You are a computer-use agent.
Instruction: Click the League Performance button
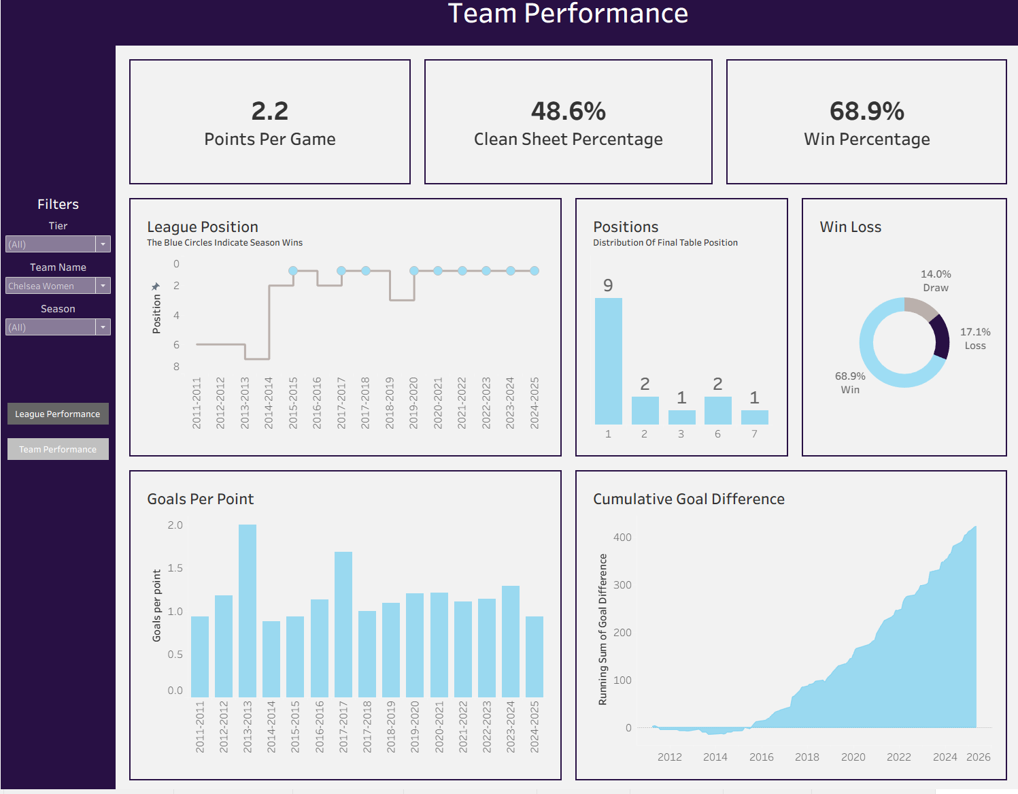point(58,414)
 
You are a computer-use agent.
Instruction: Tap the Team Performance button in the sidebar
point(58,449)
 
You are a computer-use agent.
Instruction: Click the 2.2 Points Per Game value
point(270,111)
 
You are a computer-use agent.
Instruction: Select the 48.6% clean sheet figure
point(569,111)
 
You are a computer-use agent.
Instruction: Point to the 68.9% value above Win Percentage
point(867,111)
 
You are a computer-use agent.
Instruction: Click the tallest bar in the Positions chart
point(609,361)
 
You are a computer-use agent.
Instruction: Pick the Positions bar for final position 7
point(754,417)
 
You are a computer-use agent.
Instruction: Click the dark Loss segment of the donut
point(942,336)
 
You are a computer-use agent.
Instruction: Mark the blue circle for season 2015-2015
point(293,271)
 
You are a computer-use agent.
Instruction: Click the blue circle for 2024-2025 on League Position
point(535,271)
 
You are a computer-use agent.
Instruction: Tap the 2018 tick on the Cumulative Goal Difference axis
point(807,757)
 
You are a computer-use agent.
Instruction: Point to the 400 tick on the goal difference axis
point(622,537)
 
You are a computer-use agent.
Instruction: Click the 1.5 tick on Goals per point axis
point(175,568)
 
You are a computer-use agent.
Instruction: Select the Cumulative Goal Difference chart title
point(689,499)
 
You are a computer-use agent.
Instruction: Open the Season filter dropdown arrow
point(103,327)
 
